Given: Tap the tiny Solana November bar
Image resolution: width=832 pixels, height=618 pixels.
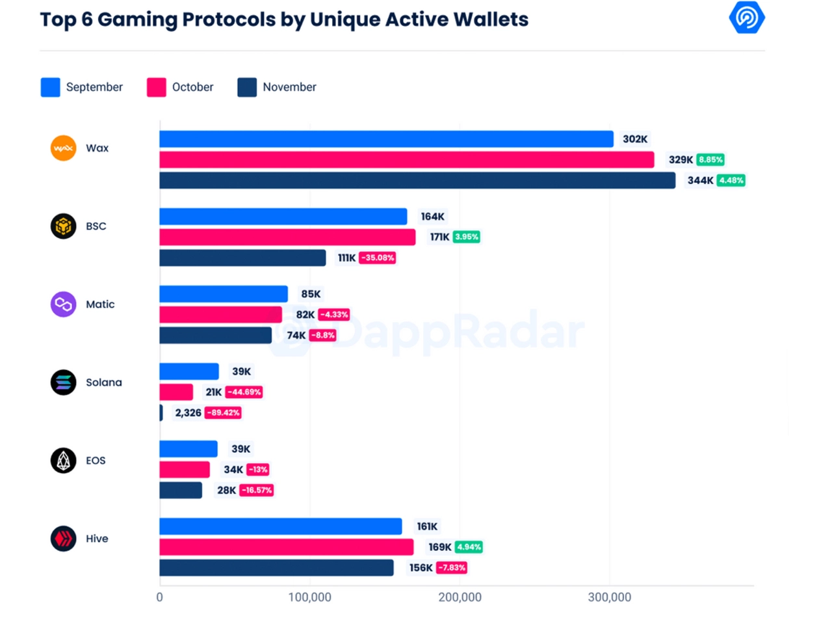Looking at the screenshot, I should point(161,413).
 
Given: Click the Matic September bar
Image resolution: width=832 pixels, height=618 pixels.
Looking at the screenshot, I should point(224,294).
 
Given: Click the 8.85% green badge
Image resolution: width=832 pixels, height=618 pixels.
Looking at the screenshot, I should point(710,159).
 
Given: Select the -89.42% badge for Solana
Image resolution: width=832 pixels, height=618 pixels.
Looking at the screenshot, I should point(223,412).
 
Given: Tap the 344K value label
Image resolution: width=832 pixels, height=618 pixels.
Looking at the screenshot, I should point(700,180).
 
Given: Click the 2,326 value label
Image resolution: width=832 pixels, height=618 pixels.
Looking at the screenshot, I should point(188,412).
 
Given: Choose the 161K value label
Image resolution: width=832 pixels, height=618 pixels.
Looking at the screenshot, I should point(427,526).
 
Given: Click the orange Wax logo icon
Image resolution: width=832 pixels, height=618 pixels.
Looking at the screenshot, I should point(63,148).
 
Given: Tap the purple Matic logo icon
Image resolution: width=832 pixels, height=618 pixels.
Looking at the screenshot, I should point(63,304).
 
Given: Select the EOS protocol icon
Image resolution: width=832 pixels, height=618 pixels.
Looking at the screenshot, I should point(63,461).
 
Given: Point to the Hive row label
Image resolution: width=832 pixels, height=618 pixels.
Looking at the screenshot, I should point(97,539).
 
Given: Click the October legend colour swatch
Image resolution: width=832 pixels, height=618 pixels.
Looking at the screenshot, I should point(156,87).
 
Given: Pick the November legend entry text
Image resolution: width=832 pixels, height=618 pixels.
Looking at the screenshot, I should point(289,87).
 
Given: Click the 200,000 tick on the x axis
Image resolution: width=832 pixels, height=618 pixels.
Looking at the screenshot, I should point(460,597).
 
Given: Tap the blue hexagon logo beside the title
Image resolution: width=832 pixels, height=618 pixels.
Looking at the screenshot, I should point(747,18).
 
